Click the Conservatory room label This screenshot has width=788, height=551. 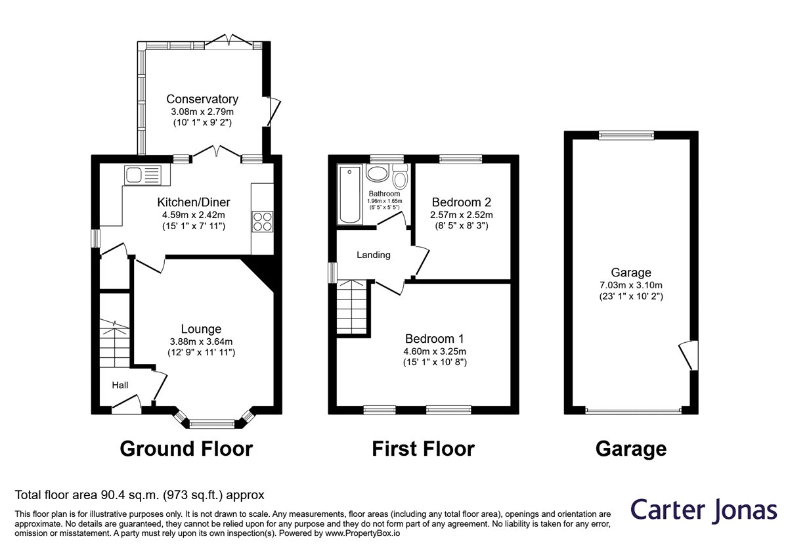click(x=202, y=99)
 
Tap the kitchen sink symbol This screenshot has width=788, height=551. click(x=142, y=175)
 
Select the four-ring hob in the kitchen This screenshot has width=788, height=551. click(x=263, y=221)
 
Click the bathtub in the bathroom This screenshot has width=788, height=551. click(x=349, y=194)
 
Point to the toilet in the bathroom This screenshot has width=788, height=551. click(x=400, y=176)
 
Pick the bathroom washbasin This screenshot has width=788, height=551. click(x=377, y=173)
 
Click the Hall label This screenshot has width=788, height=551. click(x=120, y=386)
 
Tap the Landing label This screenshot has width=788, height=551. click(x=374, y=255)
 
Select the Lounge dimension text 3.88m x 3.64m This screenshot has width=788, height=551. click(x=201, y=342)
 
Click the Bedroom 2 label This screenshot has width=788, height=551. click(x=462, y=202)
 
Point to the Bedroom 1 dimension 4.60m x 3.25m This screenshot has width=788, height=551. click(x=435, y=351)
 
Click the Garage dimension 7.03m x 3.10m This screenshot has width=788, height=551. click(x=631, y=286)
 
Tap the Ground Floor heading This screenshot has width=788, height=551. click(x=186, y=449)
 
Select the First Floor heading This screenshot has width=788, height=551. click(x=423, y=449)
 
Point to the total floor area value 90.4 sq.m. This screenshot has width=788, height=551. click(x=131, y=495)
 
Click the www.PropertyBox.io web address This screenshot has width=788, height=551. click(x=362, y=533)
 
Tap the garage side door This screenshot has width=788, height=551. click(x=689, y=356)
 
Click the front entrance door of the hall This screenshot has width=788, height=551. click(x=127, y=405)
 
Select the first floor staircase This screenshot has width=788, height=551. click(x=352, y=307)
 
